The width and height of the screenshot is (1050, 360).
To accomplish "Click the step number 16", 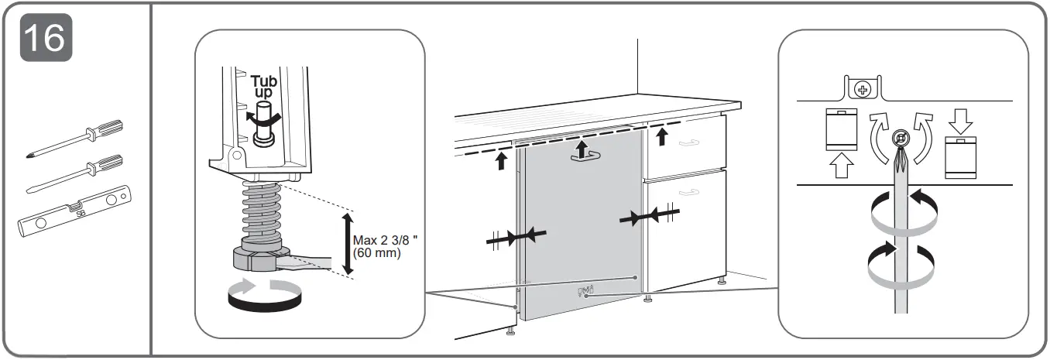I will click(45, 36).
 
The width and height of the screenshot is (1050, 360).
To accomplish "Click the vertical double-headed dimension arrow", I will click(348, 243).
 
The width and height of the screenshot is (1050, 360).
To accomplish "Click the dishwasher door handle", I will click(586, 155).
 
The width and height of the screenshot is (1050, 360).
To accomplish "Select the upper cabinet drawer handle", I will click(689, 142).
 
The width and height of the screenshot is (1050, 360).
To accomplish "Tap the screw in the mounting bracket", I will click(861, 91).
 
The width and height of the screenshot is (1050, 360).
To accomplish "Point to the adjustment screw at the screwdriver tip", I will click(899, 140).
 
